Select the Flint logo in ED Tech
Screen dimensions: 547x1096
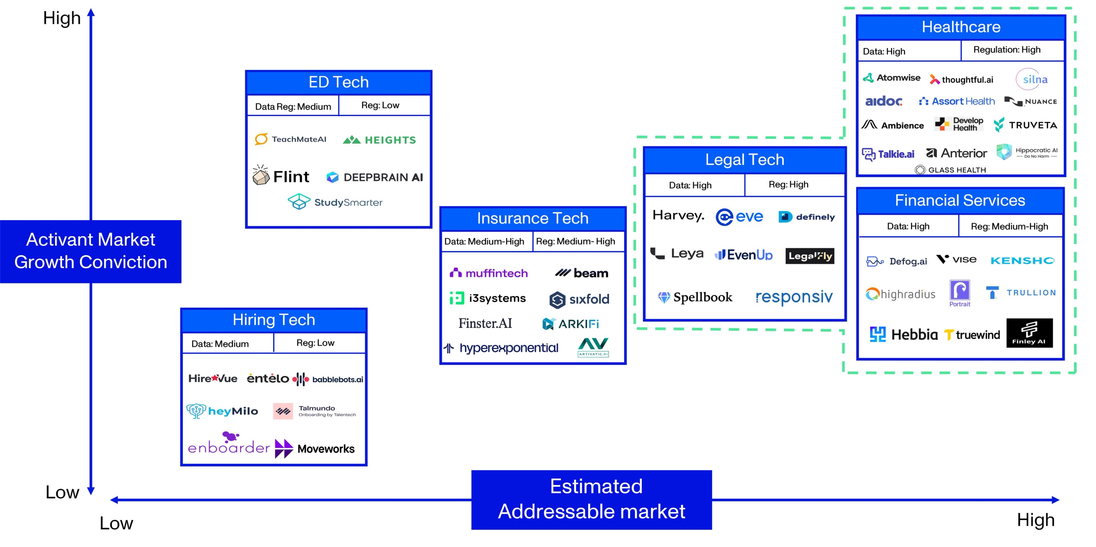click(x=281, y=176)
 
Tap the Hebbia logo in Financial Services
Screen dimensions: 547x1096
click(x=903, y=334)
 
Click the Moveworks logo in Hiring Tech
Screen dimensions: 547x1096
click(x=315, y=449)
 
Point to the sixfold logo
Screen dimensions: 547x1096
click(x=579, y=299)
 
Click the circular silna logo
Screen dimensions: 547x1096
click(x=1034, y=79)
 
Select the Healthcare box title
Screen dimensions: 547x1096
click(x=961, y=27)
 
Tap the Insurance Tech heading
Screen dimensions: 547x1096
click(x=532, y=219)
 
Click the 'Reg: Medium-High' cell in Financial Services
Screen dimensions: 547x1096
click(x=1009, y=227)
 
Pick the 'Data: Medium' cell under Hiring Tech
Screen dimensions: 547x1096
click(x=220, y=344)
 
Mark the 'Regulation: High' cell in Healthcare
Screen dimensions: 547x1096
click(x=1007, y=50)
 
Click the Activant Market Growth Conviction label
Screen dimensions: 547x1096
click(x=91, y=251)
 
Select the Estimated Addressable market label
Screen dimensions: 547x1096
click(x=591, y=499)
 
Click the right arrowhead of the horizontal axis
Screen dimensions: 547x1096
click(x=1055, y=500)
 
